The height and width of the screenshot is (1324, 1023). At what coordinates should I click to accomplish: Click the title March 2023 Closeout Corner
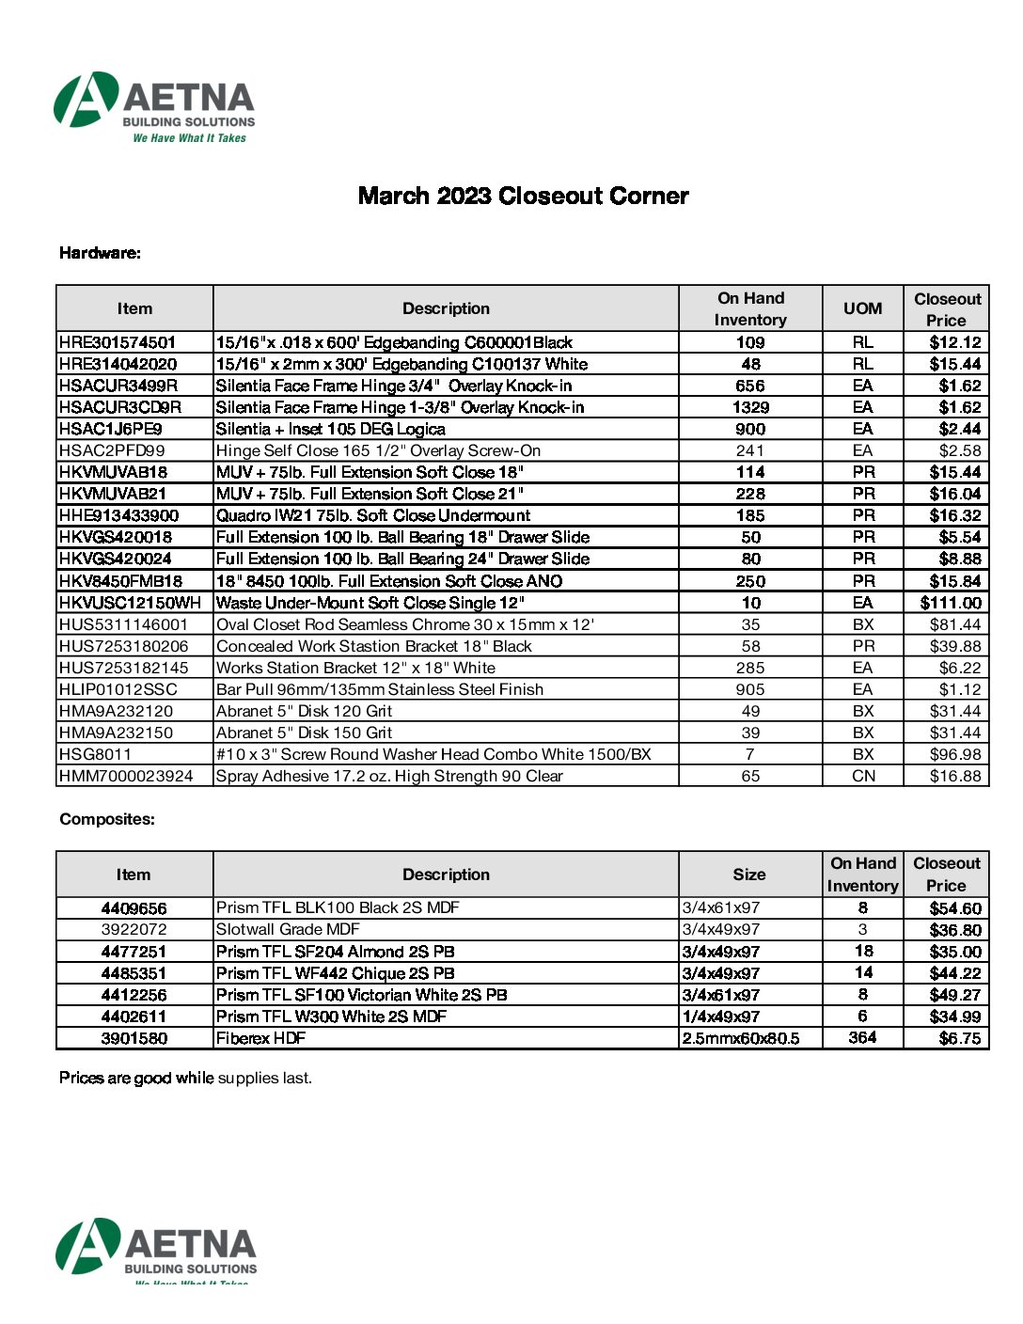point(523,196)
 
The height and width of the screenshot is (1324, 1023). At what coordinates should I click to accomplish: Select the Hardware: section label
point(100,253)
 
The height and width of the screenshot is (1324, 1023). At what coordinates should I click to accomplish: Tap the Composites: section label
point(107,819)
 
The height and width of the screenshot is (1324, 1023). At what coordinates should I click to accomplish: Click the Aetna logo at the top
point(155,106)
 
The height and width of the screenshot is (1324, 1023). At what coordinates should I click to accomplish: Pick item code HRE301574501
point(118,342)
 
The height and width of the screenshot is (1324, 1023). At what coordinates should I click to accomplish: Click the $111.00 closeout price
point(951,603)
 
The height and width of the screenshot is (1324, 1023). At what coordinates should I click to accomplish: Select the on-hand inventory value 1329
point(750,407)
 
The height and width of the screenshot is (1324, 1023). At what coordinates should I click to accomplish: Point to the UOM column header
point(862,308)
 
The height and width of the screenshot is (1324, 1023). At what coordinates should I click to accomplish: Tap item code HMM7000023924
point(126,776)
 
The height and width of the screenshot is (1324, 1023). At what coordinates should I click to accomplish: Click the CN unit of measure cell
point(863,776)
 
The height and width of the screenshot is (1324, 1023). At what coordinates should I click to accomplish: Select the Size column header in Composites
point(749,875)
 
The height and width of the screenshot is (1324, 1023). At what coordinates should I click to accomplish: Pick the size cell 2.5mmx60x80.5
point(741,1038)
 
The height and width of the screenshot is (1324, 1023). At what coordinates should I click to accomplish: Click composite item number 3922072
point(134,929)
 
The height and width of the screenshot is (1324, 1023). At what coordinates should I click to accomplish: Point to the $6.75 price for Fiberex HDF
point(960,1038)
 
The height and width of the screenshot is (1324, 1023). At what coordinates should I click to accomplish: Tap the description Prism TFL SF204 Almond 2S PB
point(336,952)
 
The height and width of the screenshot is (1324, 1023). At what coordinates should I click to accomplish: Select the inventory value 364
point(862,1037)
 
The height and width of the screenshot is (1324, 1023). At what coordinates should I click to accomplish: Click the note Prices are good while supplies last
point(185,1078)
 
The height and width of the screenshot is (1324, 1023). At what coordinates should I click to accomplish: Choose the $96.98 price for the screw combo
point(955,754)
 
